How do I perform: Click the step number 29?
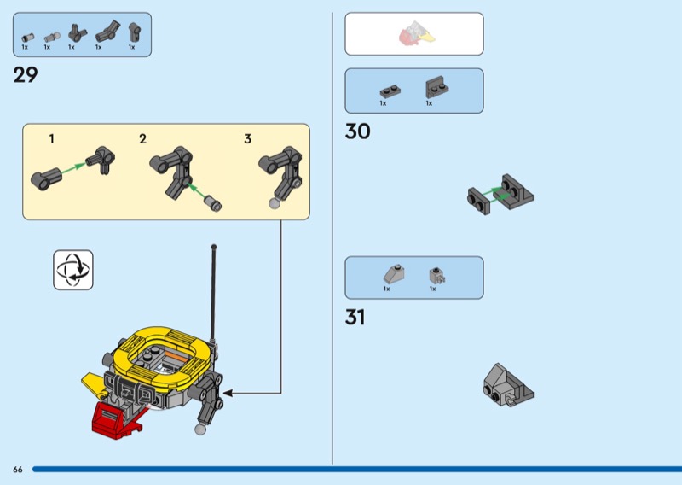tap(26, 75)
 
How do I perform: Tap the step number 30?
tap(357, 131)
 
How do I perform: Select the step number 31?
tap(355, 318)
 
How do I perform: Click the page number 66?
tap(18, 470)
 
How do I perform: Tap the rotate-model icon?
tap(73, 270)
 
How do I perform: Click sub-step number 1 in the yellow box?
tap(52, 138)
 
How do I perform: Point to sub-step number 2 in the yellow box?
tap(142, 138)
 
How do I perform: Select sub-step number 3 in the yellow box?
tap(247, 138)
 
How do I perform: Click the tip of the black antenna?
tap(214, 247)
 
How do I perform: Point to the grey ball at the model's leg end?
tap(200, 429)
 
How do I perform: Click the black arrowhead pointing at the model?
tap(228, 394)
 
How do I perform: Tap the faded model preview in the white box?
tap(416, 34)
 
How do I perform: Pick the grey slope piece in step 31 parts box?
tap(394, 274)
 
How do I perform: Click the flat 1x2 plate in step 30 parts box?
tap(390, 91)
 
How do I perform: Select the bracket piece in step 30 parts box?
tap(436, 87)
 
